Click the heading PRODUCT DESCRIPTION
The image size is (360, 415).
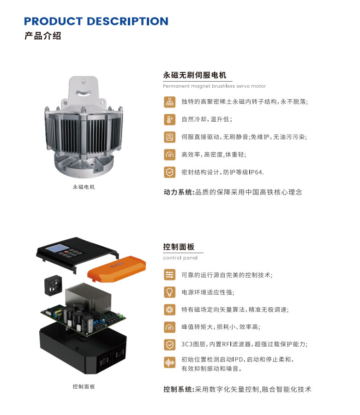point(96,21)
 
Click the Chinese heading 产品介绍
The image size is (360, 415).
point(42,36)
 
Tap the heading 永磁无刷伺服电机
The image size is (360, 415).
point(195,75)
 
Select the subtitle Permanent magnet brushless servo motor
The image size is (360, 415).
point(214,86)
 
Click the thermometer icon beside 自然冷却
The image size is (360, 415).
point(169,119)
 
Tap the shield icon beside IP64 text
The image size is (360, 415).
point(169,172)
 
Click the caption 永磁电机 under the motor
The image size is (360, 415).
point(84,187)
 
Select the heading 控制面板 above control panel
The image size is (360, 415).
point(179,247)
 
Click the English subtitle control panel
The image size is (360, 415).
point(180,258)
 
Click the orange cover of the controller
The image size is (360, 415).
point(117,269)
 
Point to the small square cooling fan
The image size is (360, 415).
point(53,285)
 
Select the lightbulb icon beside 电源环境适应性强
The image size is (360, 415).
point(169,292)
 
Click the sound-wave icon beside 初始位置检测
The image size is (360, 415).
point(169,362)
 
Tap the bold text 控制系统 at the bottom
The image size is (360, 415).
point(178,389)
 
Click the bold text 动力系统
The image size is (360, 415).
point(178,192)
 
